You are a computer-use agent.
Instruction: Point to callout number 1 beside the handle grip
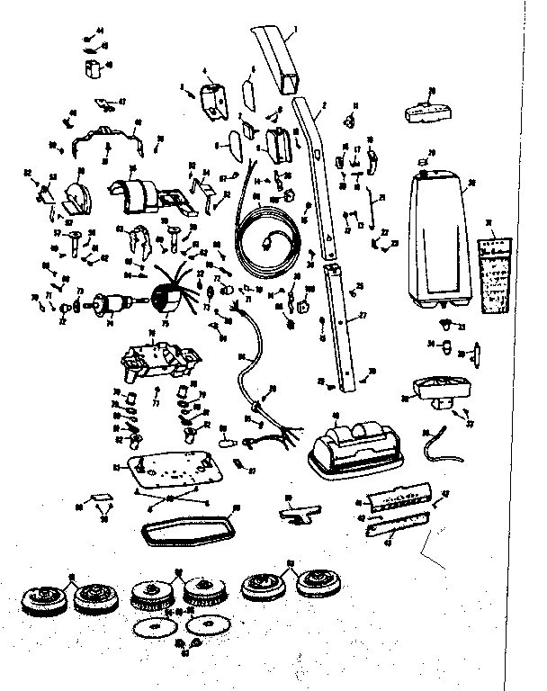pos(298,32)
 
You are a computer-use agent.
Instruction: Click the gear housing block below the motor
pos(158,359)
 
